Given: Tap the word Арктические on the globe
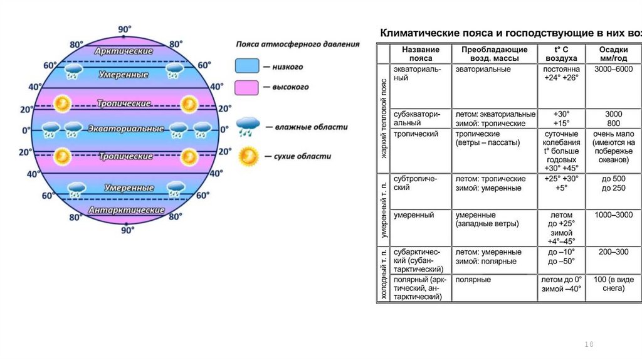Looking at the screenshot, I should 124,51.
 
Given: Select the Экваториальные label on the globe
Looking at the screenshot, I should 126,129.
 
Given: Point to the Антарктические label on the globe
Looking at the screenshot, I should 126,210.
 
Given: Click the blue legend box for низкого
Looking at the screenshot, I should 247,66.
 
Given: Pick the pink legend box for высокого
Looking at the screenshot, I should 247,87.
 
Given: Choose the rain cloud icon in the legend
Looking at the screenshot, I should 248,127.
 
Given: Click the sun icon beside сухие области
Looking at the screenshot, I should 248,156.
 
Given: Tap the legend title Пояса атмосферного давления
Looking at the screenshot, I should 298,45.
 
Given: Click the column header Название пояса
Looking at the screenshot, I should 420,53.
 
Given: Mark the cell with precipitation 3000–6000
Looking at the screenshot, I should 613,68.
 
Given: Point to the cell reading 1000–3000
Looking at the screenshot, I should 613,215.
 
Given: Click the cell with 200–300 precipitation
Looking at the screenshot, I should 613,252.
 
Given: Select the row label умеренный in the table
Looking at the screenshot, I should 414,215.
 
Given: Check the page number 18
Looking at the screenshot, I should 588,345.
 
